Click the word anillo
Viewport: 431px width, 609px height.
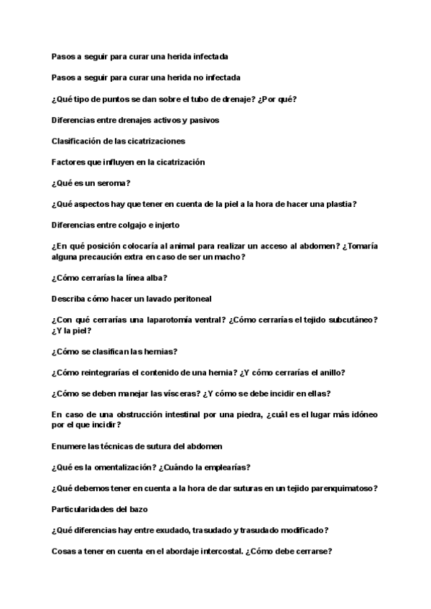coord(328,372)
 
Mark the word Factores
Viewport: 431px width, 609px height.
coord(70,162)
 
